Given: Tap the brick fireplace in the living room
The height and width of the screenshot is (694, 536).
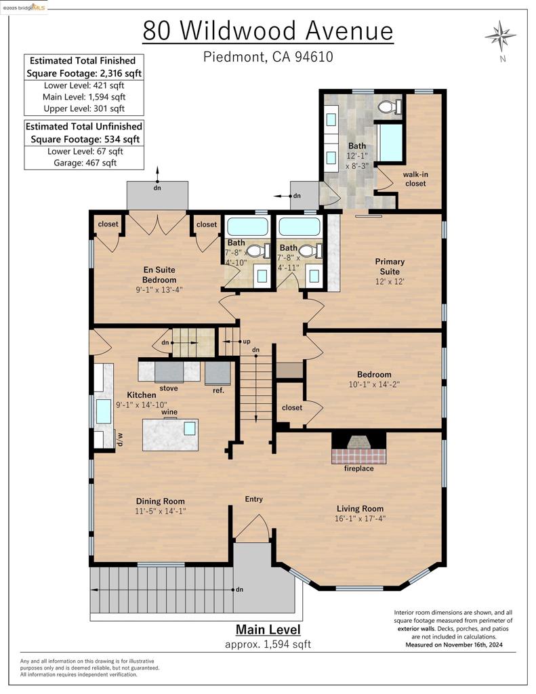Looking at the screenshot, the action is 358,447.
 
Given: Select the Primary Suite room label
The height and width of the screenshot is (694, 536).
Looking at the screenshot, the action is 390,266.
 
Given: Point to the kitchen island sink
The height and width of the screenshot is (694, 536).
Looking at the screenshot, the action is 190,428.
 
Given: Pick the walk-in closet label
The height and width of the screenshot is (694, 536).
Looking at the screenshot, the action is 415,179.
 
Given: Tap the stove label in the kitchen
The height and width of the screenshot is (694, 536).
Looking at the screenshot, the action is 169,388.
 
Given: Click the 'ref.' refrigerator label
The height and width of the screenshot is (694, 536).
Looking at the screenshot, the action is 218,390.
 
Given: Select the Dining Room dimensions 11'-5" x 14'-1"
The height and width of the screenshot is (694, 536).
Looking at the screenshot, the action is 160,511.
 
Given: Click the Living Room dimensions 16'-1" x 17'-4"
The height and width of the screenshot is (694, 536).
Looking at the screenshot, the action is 360,518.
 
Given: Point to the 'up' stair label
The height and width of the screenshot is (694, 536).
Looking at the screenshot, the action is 247,342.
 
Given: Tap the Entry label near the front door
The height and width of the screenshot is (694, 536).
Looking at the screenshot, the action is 254,499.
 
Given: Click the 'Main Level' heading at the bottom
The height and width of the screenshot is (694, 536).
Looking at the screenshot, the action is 268,630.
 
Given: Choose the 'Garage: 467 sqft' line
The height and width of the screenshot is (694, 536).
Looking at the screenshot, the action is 85,163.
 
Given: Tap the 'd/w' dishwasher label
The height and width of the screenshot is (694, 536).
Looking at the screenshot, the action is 119,439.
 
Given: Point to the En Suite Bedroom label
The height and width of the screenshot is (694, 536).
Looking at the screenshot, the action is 159,275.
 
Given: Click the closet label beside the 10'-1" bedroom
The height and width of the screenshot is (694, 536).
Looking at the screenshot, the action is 292,407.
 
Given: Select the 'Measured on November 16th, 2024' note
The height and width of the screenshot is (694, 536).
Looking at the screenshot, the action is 454,645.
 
